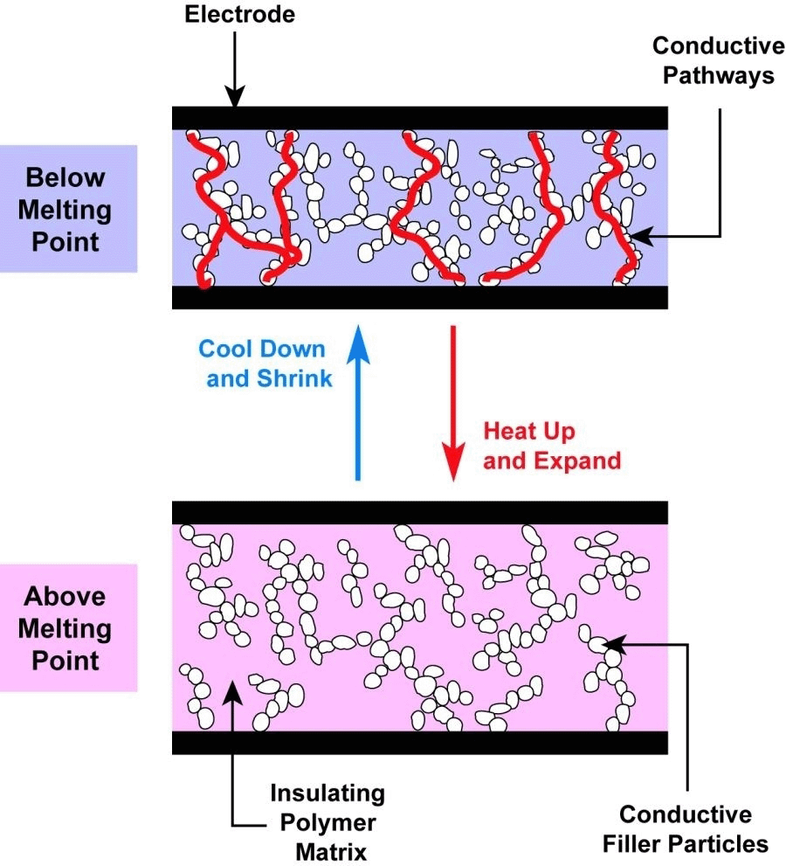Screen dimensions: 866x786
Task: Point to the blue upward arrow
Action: click(x=356, y=402)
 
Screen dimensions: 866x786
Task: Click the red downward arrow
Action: click(x=452, y=402)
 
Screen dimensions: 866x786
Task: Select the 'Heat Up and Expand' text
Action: click(x=551, y=446)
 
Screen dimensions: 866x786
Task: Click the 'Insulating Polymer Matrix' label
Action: click(x=327, y=821)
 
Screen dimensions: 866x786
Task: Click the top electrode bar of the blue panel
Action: click(x=419, y=117)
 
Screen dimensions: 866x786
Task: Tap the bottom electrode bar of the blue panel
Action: click(x=419, y=297)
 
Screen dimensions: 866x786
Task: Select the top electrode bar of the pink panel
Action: click(x=419, y=512)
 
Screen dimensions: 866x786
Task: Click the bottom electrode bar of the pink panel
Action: click(x=419, y=743)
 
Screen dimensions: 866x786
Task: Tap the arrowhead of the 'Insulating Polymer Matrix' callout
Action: click(x=232, y=688)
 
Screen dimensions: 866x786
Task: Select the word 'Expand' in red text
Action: click(x=579, y=461)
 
